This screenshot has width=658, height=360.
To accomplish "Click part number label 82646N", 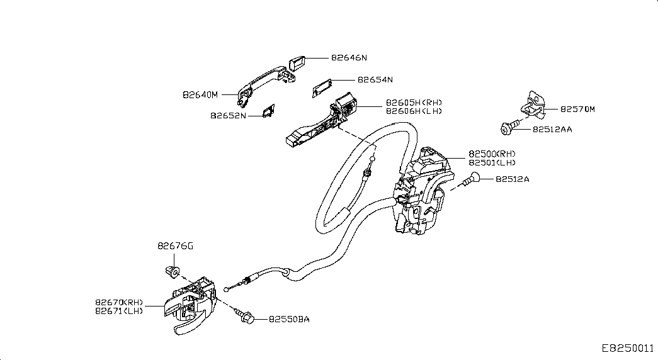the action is [x=349, y=57].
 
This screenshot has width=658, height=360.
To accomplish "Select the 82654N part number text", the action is [x=375, y=80].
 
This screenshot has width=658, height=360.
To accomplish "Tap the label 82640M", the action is [x=200, y=95].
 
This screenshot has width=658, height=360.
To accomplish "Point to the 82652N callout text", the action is [x=228, y=115].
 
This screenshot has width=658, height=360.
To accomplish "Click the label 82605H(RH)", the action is [x=414, y=103].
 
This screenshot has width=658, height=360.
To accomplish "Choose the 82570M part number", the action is [x=578, y=109].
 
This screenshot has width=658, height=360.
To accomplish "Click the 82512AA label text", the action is [x=552, y=129].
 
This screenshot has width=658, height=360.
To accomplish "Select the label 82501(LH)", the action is [x=492, y=162].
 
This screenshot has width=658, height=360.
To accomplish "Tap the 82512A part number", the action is [x=513, y=179].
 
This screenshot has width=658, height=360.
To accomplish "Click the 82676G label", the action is [x=176, y=246].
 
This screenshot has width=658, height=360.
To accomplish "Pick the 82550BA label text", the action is [x=289, y=319].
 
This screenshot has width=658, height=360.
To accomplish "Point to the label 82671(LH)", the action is [x=119, y=311].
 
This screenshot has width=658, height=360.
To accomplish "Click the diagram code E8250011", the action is [x=628, y=349].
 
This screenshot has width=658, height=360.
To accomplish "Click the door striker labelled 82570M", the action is [x=534, y=104].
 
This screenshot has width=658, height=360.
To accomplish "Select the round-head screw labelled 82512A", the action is [x=472, y=179].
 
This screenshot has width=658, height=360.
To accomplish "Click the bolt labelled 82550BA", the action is [x=245, y=317].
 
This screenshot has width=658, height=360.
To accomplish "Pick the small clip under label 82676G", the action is [x=171, y=271].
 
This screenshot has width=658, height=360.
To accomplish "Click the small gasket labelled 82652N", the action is [x=268, y=111].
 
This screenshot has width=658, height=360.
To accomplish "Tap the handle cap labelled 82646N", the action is [x=297, y=63].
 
